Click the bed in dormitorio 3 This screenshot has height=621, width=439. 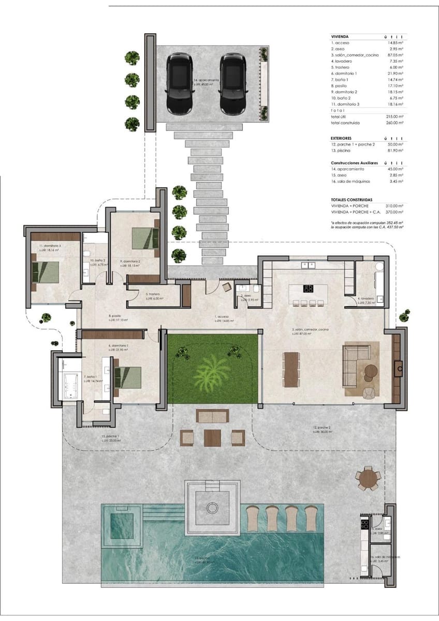pyautogui.click(x=45, y=272)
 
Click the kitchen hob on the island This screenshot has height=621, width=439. pyautogui.click(x=308, y=289)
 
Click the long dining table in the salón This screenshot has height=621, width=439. pyautogui.click(x=291, y=369)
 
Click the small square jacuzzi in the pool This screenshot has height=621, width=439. pyautogui.click(x=122, y=525)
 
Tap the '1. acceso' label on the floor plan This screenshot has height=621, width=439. pyautogui.click(x=223, y=316)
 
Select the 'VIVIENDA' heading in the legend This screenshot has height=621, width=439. pyautogui.click(x=340, y=37)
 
